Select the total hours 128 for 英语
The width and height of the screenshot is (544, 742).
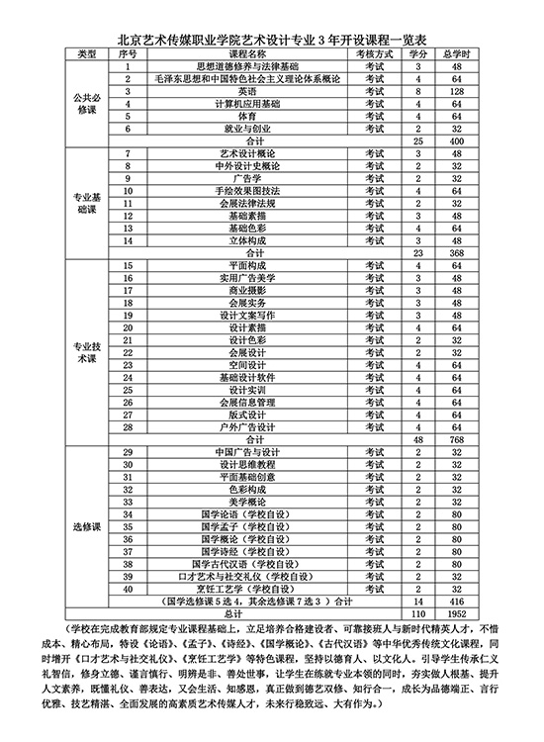point(456,90)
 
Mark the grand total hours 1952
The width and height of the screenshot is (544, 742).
point(456,613)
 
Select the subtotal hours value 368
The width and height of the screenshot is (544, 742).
point(456,252)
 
